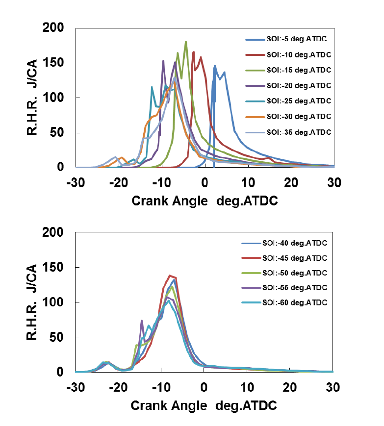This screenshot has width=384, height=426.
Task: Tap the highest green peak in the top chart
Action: click(x=186, y=42)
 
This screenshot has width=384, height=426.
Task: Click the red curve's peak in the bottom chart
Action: click(x=170, y=276)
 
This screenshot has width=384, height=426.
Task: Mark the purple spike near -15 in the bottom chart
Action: click(x=142, y=321)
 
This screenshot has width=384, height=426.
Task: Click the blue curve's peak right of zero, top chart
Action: click(x=215, y=66)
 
